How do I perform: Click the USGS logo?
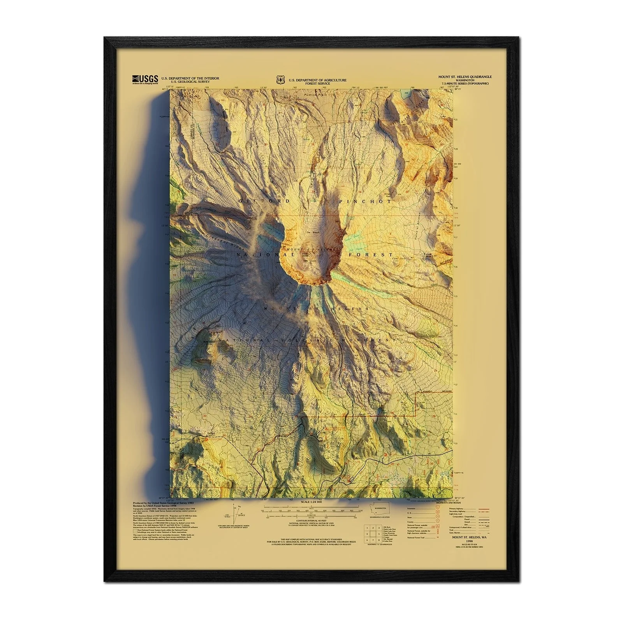click(145, 79)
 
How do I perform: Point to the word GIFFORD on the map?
click(264, 201)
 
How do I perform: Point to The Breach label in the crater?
click(312, 233)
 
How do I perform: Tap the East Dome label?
click(399, 258)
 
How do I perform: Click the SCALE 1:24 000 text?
click(311, 502)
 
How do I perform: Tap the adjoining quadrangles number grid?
click(372, 534)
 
